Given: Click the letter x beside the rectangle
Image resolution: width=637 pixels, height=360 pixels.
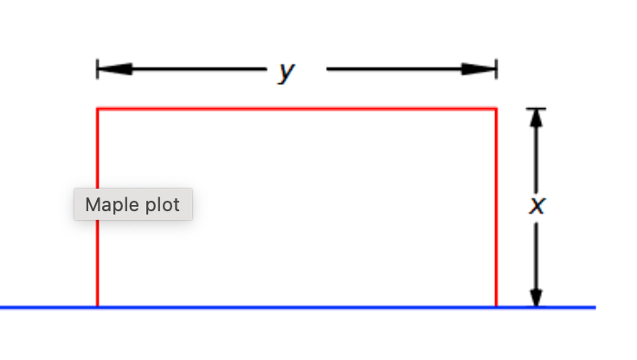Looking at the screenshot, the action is point(537,206).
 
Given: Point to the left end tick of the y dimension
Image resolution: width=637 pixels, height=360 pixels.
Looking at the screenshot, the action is point(98,69).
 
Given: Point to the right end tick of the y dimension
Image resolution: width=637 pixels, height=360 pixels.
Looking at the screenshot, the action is point(496,69).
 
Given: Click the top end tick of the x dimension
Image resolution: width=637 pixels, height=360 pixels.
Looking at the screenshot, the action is point(537,108).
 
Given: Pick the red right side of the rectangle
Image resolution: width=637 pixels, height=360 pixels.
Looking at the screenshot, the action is point(496,208).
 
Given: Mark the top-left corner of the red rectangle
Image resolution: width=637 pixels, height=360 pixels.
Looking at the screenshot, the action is point(97,109).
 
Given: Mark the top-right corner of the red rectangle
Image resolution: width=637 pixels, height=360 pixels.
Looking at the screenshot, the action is point(496,109).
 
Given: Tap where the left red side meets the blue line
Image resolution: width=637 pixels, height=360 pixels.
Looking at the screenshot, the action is point(97,307).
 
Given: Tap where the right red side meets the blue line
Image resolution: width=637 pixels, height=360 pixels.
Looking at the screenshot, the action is point(496,307).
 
